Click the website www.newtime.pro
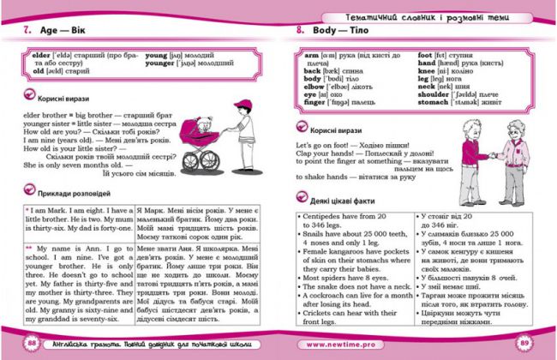(337, 345)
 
